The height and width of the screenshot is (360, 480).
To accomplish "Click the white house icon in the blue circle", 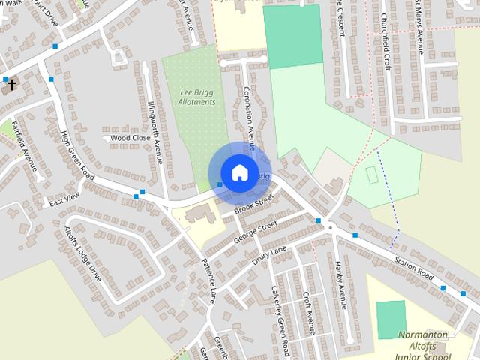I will coord(239,172).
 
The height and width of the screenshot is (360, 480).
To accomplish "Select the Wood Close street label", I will coord(130,138).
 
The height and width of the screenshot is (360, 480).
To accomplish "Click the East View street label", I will coord(64,199).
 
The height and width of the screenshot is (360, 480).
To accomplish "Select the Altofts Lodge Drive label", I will coord(82,253).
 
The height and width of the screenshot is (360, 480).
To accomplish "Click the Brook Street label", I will coord(255,204).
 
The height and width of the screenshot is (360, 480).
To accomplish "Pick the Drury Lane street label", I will coord(269,255).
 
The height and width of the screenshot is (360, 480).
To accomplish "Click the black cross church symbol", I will coord(10,85).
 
